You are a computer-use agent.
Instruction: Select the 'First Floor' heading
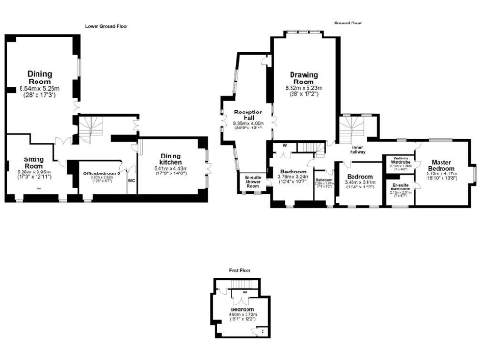point(240,270)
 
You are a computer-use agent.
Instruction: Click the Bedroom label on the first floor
point(243,308)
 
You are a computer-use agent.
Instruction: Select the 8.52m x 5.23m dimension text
point(303,89)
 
